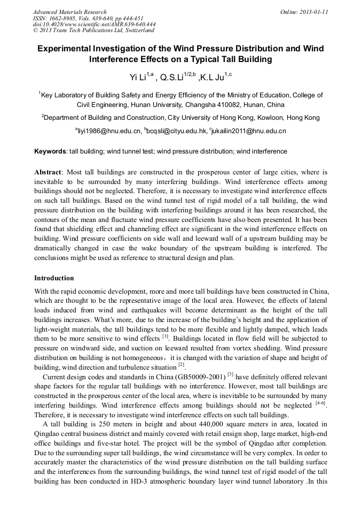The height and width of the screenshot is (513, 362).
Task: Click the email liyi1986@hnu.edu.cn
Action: click(109, 131)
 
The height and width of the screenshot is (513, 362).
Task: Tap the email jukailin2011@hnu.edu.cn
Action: click(249, 131)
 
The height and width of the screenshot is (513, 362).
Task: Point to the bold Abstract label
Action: click(48, 173)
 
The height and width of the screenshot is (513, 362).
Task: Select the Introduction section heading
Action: click(54, 278)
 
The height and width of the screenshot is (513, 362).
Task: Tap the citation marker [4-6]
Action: click(320, 404)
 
